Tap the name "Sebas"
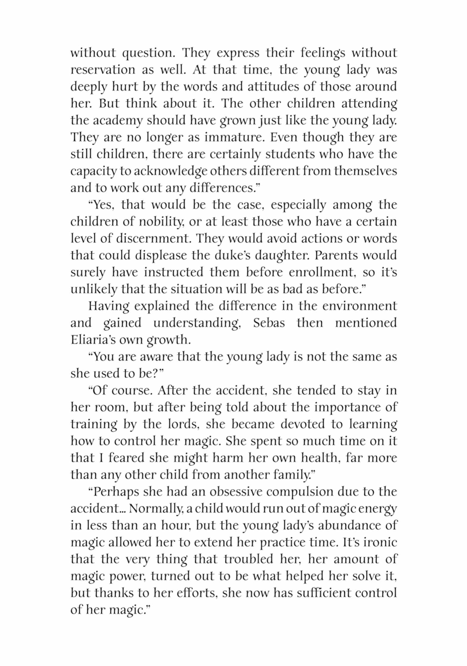(269, 323)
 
